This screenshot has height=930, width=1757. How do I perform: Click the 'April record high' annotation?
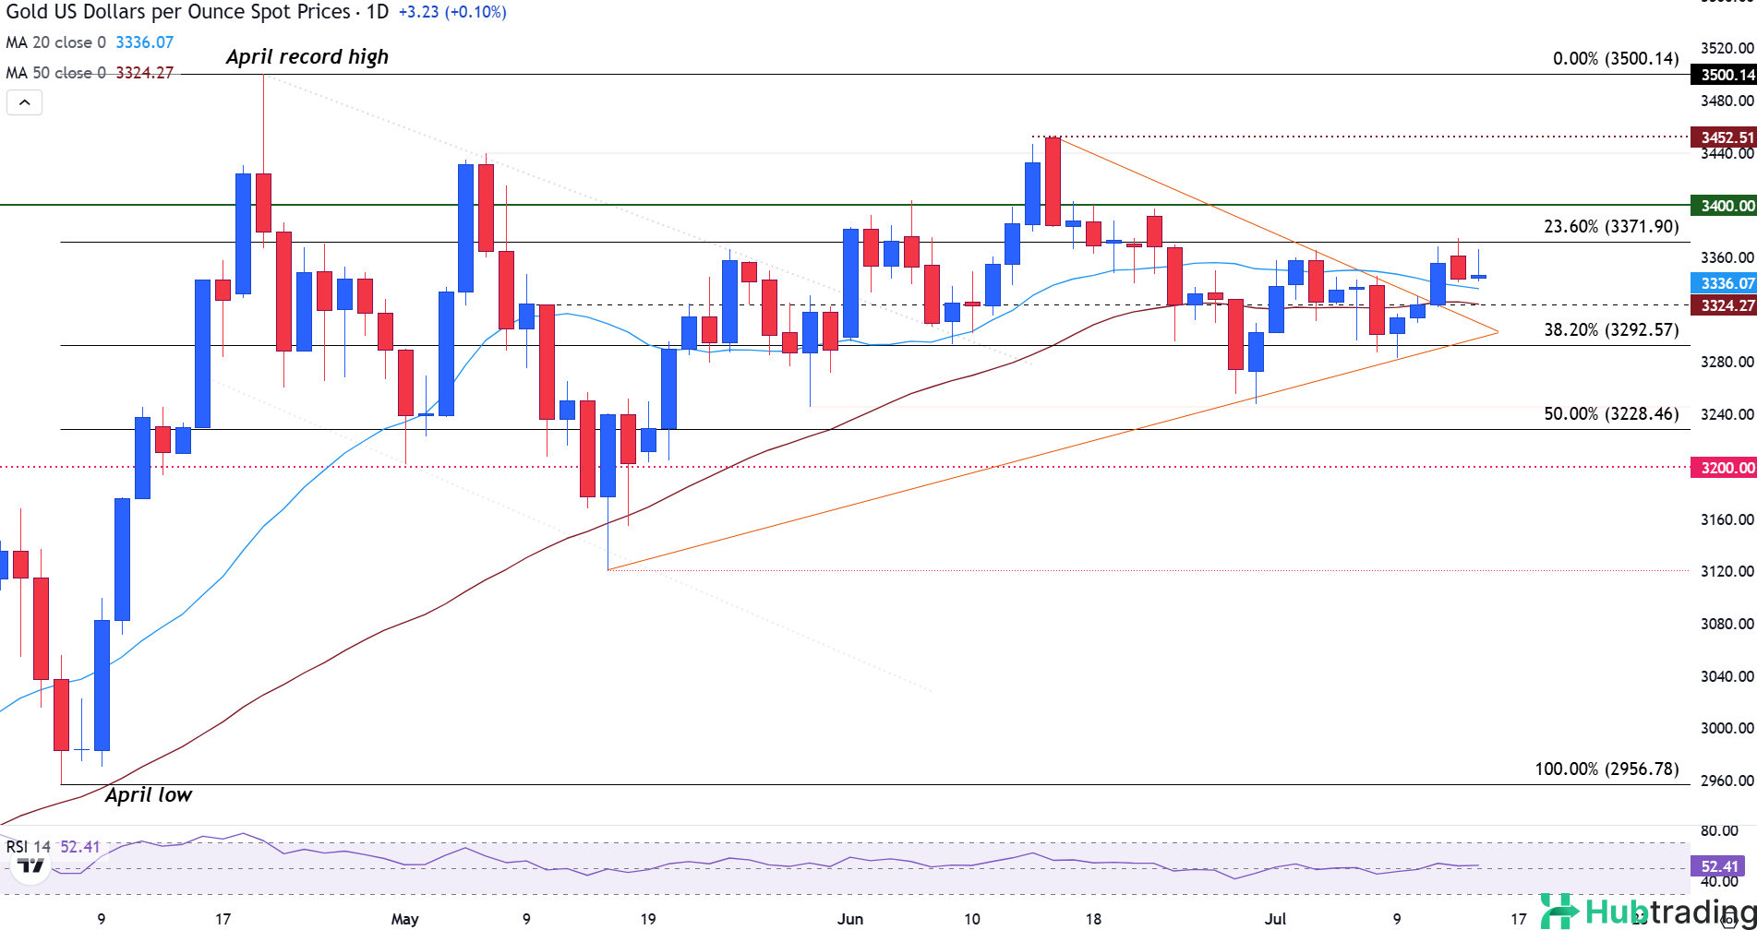pos(307,57)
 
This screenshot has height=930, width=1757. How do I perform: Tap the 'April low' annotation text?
pos(148,795)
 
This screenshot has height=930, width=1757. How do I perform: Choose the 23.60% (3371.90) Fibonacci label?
pos(1611,227)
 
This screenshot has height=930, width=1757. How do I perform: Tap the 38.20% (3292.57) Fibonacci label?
pos(1611,329)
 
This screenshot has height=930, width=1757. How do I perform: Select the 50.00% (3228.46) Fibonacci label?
pos(1611,414)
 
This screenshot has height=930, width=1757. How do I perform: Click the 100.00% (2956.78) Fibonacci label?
pos(1607,769)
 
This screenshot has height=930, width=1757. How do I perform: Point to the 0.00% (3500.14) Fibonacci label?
pos(1616,59)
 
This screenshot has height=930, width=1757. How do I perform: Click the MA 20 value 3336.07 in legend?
pos(144,42)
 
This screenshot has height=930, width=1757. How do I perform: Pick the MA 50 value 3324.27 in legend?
pos(144,73)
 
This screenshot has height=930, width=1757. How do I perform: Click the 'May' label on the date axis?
pos(404,919)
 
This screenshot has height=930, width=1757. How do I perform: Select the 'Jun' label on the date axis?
pos(849,919)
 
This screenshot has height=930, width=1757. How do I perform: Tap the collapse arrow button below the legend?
pos(25,102)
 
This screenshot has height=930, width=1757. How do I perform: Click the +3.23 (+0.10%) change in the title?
pos(452,12)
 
